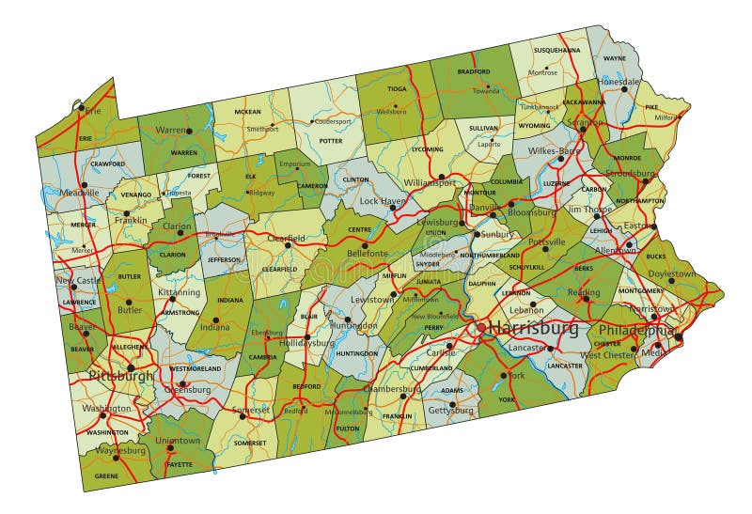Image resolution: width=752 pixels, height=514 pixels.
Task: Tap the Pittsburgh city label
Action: click(119, 376)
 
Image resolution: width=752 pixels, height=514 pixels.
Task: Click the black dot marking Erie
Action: click(82, 110)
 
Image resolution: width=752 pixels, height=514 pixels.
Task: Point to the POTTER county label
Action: click(331, 141)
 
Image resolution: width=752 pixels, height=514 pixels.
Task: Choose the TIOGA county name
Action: click(398, 90)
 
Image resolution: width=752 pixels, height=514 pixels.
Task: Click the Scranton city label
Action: click(585, 122)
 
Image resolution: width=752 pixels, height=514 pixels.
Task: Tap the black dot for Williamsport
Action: click(441, 176)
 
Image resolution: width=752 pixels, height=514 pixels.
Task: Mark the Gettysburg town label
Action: click(450, 410)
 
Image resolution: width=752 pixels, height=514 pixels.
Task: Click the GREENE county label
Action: click(106, 476)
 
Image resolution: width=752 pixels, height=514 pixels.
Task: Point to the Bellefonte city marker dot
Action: click(365, 245)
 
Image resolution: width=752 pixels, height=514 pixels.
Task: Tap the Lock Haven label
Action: click(382, 201)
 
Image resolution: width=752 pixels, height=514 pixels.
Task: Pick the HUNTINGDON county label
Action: click(356, 353)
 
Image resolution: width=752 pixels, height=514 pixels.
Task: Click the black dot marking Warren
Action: click(188, 132)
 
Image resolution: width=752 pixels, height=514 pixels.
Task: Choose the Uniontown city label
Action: click(177, 440)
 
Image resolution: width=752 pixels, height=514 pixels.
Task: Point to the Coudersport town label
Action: click(332, 121)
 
